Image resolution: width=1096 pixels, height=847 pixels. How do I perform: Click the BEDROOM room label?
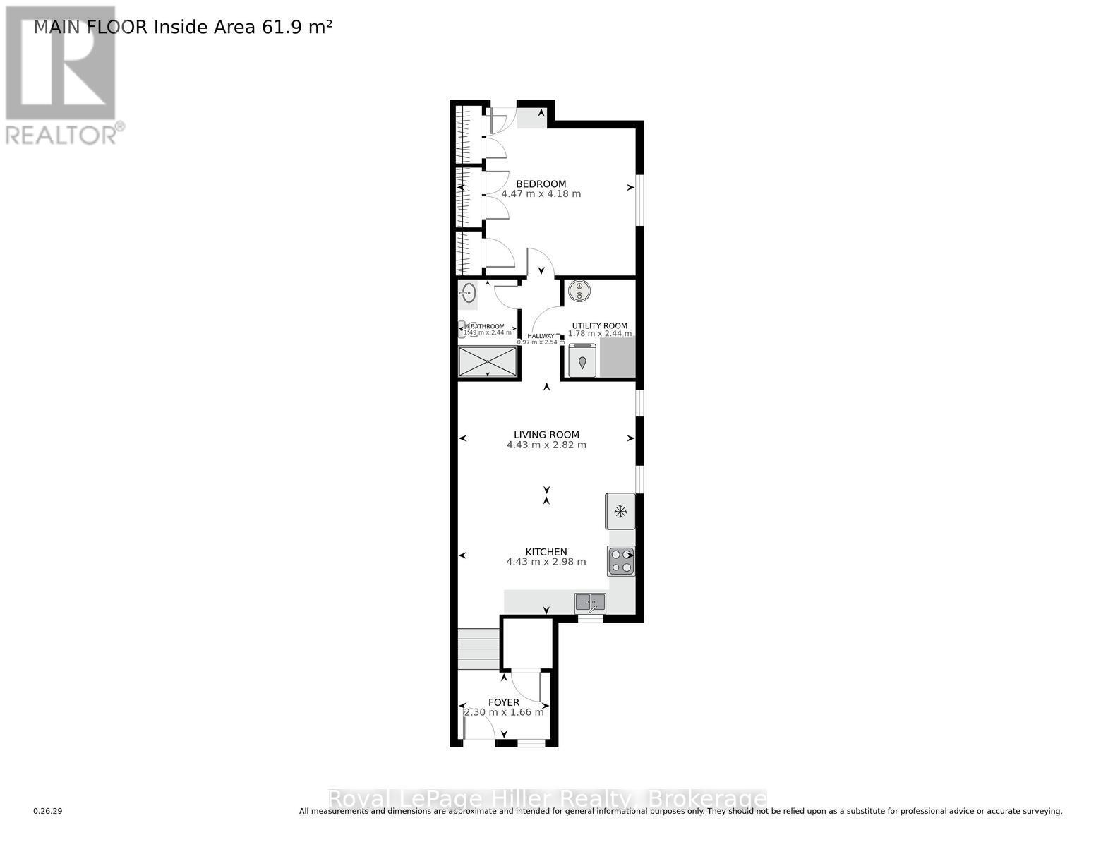(x=541, y=184)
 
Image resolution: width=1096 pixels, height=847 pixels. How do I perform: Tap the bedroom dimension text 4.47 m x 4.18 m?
(x=541, y=193)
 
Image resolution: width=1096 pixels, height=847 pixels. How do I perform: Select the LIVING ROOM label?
(x=546, y=435)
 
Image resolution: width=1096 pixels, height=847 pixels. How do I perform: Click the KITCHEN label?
(x=546, y=552)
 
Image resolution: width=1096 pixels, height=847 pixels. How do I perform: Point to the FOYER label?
(x=504, y=702)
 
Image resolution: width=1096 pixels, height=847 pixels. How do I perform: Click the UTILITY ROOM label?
(x=599, y=325)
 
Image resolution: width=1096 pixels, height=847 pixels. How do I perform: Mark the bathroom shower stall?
(x=488, y=361)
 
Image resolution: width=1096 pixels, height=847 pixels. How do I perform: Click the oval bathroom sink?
(x=468, y=293)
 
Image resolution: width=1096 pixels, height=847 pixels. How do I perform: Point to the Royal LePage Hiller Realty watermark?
(x=548, y=799)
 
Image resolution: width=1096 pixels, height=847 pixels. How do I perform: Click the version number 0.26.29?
(x=48, y=812)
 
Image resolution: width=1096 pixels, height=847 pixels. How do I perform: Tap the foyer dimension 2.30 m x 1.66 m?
(x=504, y=712)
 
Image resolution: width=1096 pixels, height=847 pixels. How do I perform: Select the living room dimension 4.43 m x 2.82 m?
(x=546, y=445)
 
